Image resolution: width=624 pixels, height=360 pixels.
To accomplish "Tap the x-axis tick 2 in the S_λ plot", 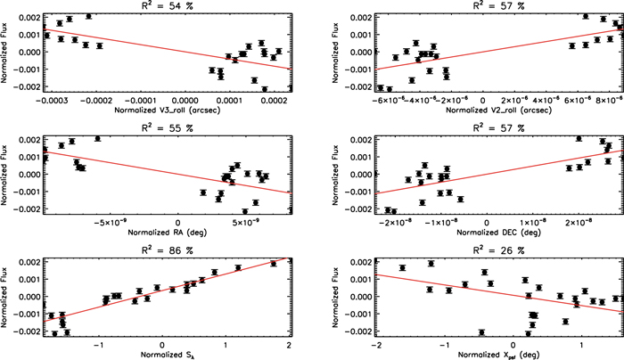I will (290, 342).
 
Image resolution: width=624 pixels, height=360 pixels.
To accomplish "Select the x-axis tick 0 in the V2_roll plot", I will (483, 99).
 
